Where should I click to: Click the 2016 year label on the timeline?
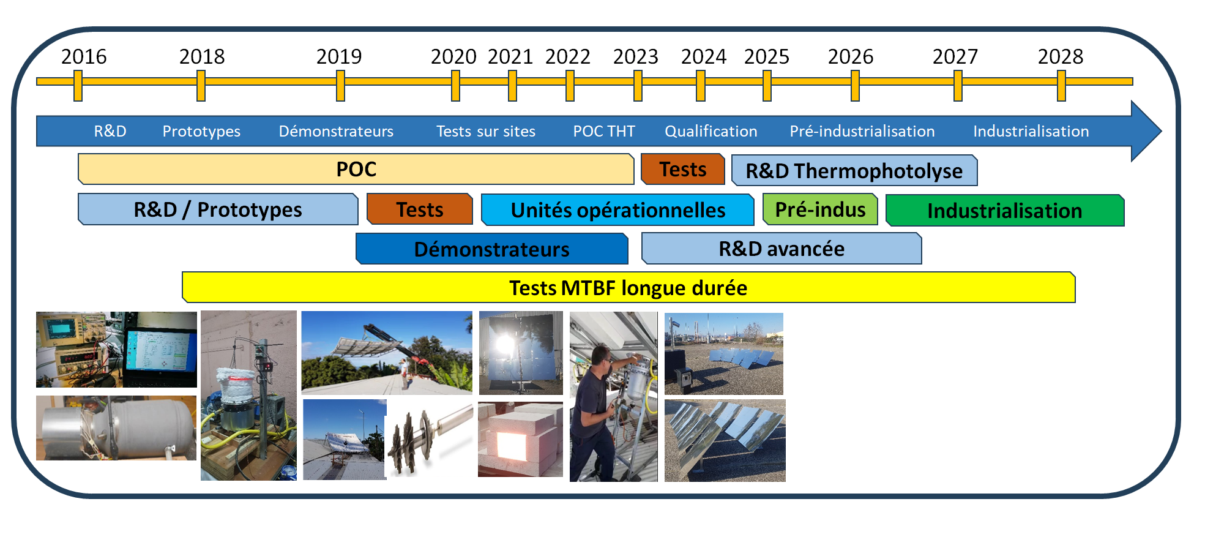pos(84,57)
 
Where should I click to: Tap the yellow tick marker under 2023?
pos(638,86)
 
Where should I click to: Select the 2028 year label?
pos(1061,57)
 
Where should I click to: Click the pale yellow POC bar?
pos(356,169)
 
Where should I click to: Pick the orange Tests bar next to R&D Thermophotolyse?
pos(683,169)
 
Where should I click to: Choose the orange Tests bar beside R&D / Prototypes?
pos(420,209)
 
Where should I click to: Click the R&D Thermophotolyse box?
pos(854,170)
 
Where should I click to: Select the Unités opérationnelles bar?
pos(617,210)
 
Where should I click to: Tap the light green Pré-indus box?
pos(820,209)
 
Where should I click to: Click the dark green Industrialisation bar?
pos(1005,211)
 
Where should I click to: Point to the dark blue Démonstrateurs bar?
pos(492,249)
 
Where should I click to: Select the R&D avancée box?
pos(782,249)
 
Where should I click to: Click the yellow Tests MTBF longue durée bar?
pos(629,287)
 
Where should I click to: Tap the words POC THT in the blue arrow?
pos(604,131)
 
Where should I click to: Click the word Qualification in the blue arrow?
pos(711,131)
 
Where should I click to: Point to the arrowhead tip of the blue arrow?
pos(1161,130)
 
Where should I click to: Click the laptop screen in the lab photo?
pos(159,349)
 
